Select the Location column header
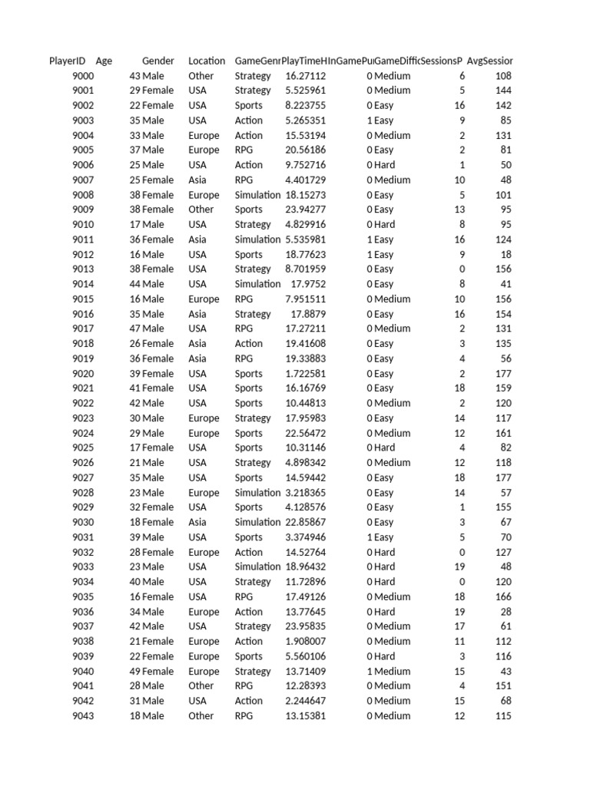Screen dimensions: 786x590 click(x=207, y=61)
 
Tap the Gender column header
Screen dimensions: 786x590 click(x=157, y=61)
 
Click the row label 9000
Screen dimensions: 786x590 click(x=83, y=76)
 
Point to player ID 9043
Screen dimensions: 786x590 click(x=83, y=716)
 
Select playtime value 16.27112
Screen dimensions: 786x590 click(x=305, y=76)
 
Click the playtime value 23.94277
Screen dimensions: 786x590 click(x=305, y=210)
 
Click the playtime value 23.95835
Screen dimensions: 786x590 click(x=305, y=626)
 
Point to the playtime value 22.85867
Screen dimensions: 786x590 click(x=305, y=522)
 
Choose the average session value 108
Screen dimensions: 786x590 click(x=503, y=76)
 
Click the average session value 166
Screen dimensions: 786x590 click(x=503, y=596)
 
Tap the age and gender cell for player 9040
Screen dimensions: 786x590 click(x=151, y=672)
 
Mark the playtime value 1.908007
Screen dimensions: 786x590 click(x=305, y=642)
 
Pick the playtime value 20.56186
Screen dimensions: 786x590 click(x=305, y=150)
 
